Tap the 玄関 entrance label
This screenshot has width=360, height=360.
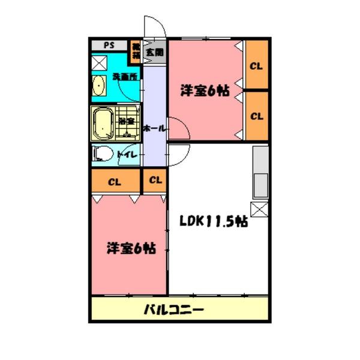tap(154, 53)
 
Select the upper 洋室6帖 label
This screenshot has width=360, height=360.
tap(205, 91)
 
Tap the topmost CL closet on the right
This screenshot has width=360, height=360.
tap(256, 65)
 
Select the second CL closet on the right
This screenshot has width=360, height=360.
tap(256, 115)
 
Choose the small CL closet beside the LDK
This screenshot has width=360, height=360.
tap(155, 179)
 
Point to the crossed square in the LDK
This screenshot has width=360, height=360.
tap(259, 209)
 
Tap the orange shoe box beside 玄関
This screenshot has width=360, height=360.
tap(136, 52)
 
